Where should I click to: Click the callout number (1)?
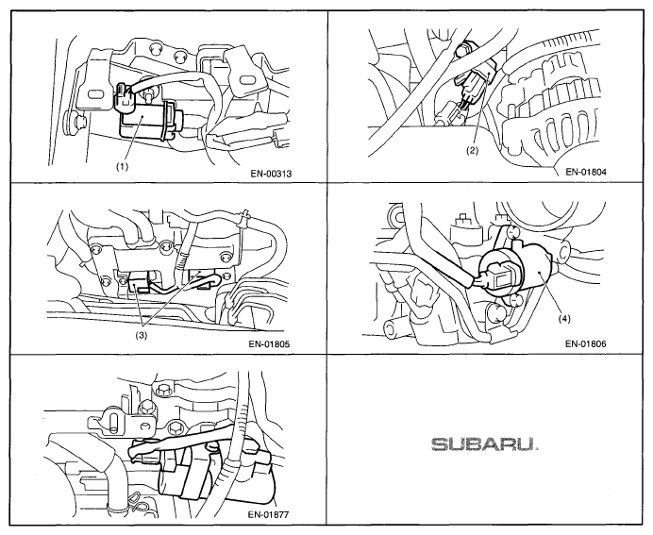[122, 167]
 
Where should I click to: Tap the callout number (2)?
[472, 151]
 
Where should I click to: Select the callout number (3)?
[142, 336]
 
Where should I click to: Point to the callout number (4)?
[564, 319]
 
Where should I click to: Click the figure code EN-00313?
[271, 174]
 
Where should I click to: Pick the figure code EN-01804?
[586, 172]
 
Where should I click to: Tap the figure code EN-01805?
[269, 343]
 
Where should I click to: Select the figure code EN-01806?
[586, 343]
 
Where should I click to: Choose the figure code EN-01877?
[268, 514]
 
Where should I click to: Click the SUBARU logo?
[484, 444]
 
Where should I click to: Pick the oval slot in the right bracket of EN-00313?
[246, 79]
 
